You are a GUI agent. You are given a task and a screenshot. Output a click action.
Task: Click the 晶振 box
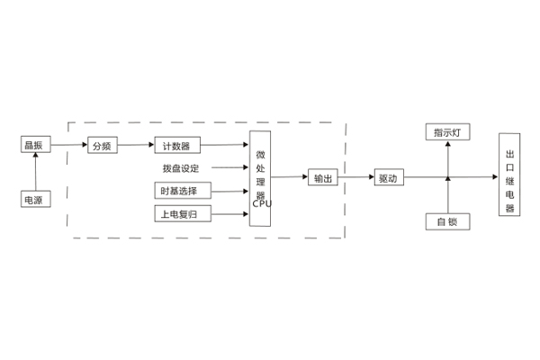(35, 145)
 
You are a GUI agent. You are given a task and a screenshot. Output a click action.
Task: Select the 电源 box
(35, 200)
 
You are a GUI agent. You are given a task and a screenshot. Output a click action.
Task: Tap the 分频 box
(102, 145)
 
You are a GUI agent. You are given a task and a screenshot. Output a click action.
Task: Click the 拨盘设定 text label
(181, 168)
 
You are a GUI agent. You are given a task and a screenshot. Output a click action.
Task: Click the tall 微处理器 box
(261, 177)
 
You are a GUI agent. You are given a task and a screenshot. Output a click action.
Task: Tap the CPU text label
(262, 203)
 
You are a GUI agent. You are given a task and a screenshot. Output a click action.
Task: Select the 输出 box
(322, 178)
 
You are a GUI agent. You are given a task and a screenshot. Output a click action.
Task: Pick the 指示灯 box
(447, 133)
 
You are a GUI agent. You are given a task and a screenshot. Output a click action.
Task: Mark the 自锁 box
(447, 221)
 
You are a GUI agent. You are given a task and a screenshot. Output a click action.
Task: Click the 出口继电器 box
(509, 174)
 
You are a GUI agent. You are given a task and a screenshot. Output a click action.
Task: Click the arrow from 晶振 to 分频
(68, 145)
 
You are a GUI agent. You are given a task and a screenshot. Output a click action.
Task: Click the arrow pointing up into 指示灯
(447, 158)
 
